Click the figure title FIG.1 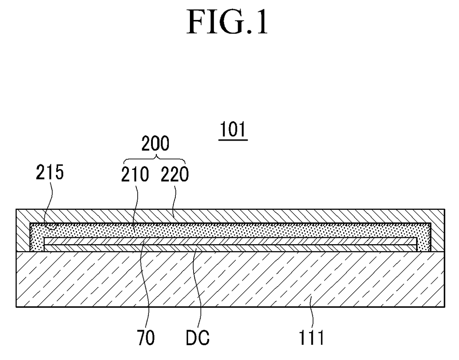point(227,22)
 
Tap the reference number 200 point(155,143)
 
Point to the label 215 point(50,172)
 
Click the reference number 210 point(135,174)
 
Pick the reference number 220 point(174,174)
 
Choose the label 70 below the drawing point(146,338)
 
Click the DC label point(198,338)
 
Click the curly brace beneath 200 point(154,159)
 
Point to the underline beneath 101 point(233,140)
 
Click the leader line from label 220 point(175,200)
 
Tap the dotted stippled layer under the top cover point(230,230)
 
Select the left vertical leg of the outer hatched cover point(23,231)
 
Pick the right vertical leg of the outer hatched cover point(438,231)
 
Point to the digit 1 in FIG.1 point(261,22)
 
